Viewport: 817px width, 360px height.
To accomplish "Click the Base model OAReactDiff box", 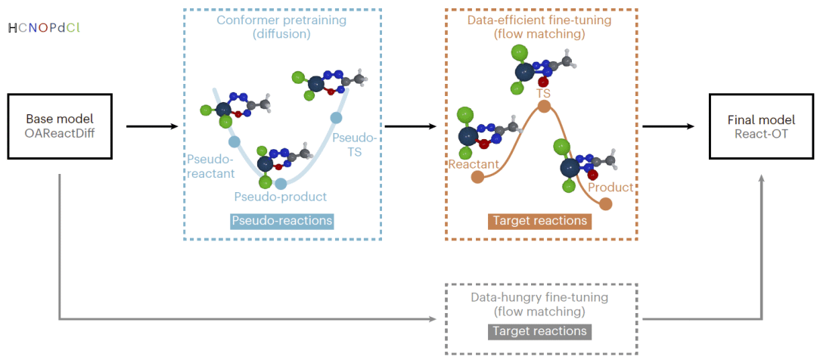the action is (x=60, y=127).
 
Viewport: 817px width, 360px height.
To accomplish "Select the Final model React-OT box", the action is (x=761, y=127).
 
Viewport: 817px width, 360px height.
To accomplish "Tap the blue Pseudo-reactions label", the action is (x=282, y=221).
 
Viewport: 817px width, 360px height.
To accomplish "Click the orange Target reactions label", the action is (x=540, y=221).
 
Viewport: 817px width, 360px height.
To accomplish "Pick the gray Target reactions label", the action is (x=540, y=331).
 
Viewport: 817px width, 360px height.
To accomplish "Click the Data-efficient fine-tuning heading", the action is (x=541, y=28).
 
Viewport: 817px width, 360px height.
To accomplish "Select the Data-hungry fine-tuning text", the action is (x=540, y=305).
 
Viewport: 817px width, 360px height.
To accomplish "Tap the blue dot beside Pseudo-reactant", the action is (x=234, y=141).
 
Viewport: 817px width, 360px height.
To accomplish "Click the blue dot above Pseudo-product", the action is (x=281, y=183).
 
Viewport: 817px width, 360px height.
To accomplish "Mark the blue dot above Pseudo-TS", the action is (x=337, y=117).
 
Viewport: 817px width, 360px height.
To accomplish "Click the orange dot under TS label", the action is (x=544, y=107).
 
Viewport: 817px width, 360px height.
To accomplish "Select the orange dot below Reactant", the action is (x=477, y=177).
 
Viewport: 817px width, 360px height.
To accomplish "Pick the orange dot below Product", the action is (x=605, y=203).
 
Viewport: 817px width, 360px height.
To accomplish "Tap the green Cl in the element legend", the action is (x=73, y=28).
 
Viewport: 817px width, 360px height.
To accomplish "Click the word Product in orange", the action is (x=610, y=187).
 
